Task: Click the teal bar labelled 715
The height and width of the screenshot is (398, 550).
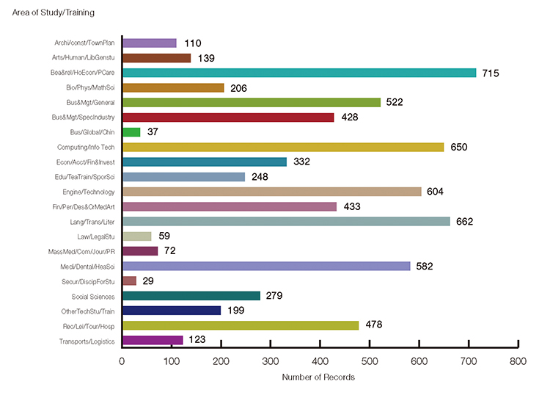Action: point(299,73)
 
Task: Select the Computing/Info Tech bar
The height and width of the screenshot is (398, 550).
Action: point(283,147)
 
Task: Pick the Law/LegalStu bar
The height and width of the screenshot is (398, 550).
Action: point(136,236)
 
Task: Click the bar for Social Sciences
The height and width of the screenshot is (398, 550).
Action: point(191,296)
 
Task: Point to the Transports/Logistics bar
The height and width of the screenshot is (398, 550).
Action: point(152,340)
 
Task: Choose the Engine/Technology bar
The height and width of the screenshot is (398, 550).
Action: point(271,192)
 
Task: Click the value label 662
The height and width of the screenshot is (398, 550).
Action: point(464,222)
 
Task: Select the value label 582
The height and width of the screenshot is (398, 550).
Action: point(425,266)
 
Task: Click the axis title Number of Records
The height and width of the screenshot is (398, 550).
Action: point(318,377)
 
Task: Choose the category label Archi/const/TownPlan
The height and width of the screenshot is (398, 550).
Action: point(84,43)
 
